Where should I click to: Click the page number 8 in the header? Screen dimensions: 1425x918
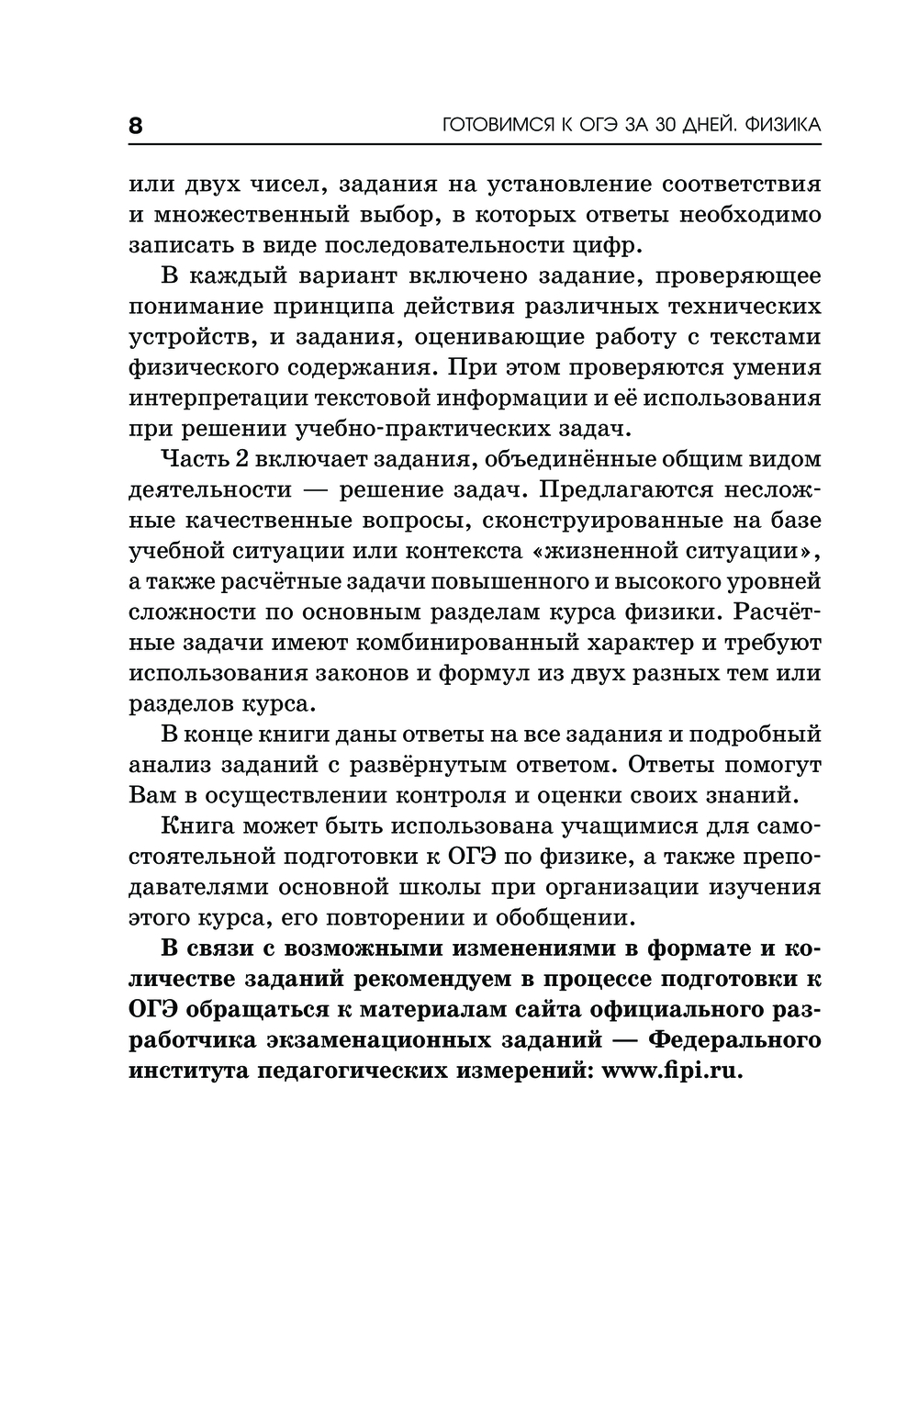(135, 126)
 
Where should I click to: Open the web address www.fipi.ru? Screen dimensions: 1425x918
(671, 1071)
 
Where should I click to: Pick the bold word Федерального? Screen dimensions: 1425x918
(735, 1040)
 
